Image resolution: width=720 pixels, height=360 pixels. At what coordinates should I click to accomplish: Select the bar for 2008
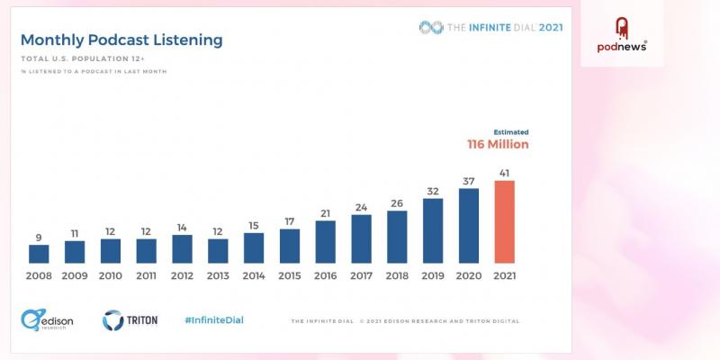pyautogui.click(x=39, y=254)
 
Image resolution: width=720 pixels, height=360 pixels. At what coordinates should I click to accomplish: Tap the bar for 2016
pyautogui.click(x=326, y=242)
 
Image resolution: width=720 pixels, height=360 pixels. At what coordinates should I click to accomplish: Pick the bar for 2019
pyautogui.click(x=433, y=230)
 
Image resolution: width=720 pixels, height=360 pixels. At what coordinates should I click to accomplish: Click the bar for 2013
pyautogui.click(x=218, y=250)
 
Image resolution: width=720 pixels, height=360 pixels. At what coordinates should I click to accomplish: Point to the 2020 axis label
pyautogui.click(x=469, y=276)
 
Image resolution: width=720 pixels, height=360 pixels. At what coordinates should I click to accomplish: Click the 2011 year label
pyautogui.click(x=147, y=276)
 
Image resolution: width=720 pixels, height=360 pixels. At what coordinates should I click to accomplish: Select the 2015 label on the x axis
pyautogui.click(x=290, y=276)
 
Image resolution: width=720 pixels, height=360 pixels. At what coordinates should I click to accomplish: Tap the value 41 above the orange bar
pyautogui.click(x=505, y=172)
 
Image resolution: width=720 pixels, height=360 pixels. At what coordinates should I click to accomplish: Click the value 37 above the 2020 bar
pyautogui.click(x=469, y=180)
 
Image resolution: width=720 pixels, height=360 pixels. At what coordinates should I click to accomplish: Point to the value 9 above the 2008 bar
pyautogui.click(x=39, y=238)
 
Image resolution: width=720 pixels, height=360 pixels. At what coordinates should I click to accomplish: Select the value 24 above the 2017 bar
pyautogui.click(x=361, y=207)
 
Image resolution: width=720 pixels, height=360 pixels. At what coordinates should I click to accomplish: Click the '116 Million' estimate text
pyautogui.click(x=498, y=144)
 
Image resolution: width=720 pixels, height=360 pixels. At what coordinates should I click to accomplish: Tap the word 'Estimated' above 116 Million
pyautogui.click(x=511, y=131)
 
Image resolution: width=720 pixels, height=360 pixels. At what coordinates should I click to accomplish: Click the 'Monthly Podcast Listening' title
pyautogui.click(x=121, y=40)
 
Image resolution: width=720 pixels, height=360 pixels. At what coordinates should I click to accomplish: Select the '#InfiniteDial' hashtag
pyautogui.click(x=213, y=319)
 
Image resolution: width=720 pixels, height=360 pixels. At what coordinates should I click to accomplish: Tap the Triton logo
pyautogui.click(x=130, y=319)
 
